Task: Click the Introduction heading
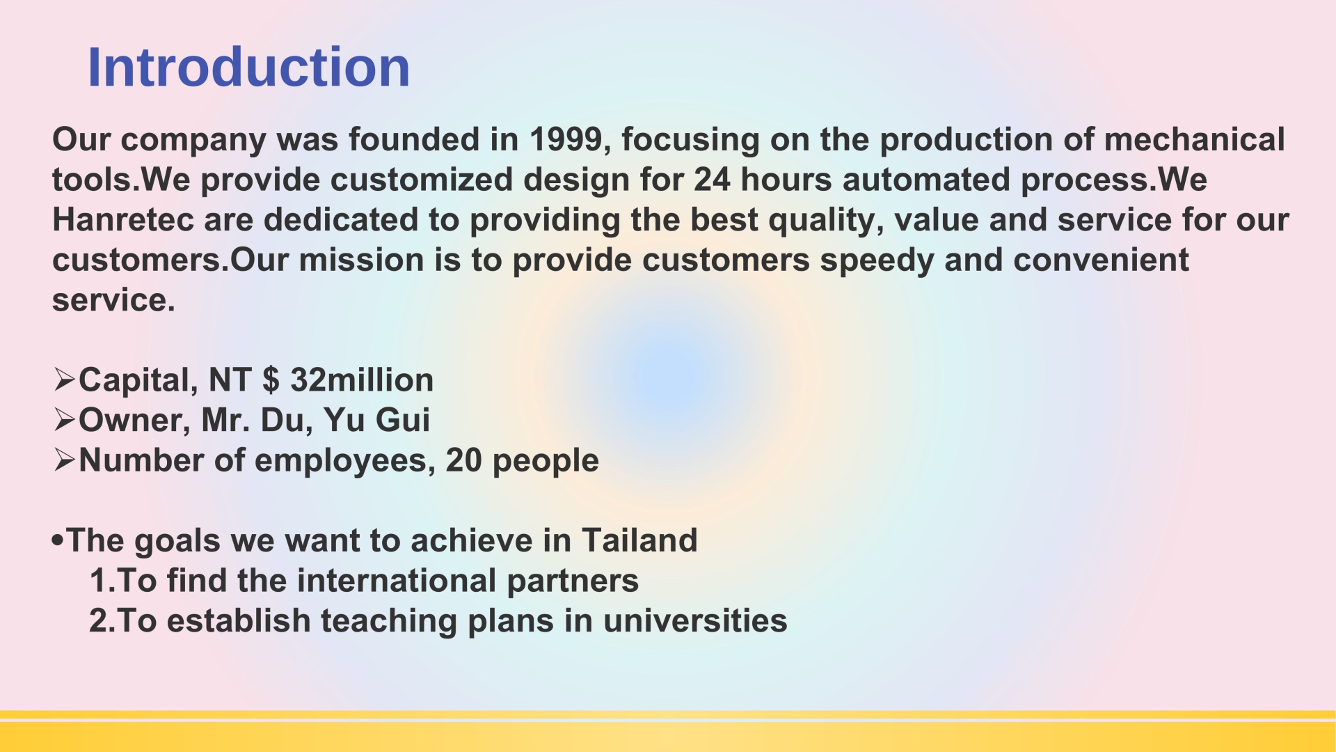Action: coord(248,67)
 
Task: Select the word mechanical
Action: coord(1194,139)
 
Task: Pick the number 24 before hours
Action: coord(712,180)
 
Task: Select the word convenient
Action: coord(1101,260)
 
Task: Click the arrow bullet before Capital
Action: coord(64,379)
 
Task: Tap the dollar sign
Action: coord(271,380)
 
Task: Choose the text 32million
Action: coord(362,379)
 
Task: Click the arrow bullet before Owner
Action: coord(64,420)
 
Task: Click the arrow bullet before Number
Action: coord(64,460)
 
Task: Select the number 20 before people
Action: coord(463,460)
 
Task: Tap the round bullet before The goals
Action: coord(58,540)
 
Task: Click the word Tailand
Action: coord(639,540)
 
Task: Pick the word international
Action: coord(397,581)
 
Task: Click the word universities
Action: coord(695,620)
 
